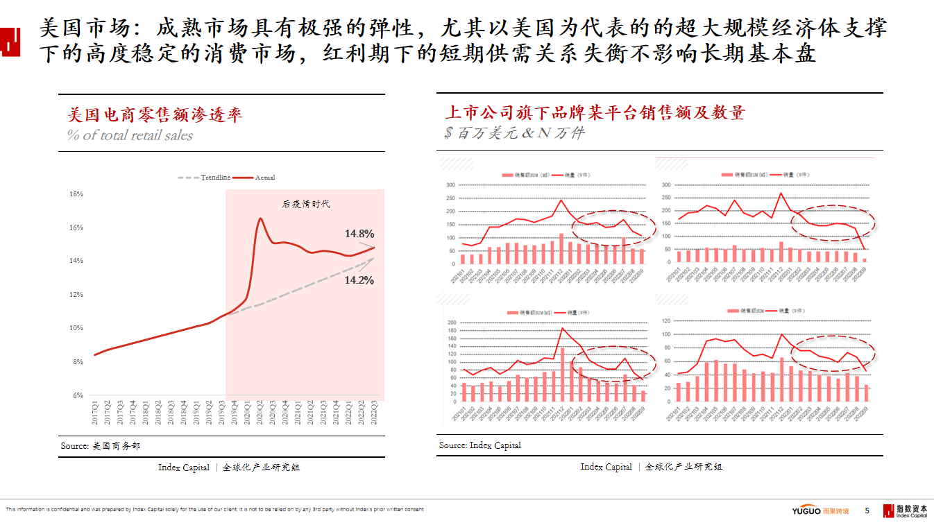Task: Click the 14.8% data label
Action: (x=359, y=234)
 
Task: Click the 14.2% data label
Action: (x=359, y=280)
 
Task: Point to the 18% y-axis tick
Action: (x=76, y=194)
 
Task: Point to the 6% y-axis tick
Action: (x=78, y=395)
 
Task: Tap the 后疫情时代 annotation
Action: (x=306, y=204)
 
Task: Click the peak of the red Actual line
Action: (x=260, y=218)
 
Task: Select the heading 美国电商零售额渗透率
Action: (x=155, y=114)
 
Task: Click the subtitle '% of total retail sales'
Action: (x=130, y=135)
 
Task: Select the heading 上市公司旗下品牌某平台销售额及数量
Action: (x=594, y=112)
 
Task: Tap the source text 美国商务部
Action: (x=116, y=446)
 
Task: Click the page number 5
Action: (x=867, y=511)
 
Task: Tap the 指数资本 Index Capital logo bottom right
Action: (x=905, y=511)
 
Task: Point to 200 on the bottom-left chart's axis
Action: (x=452, y=323)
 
